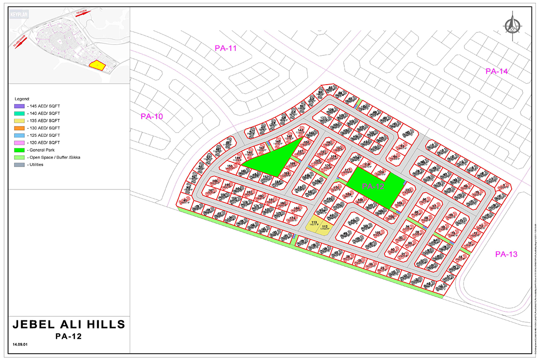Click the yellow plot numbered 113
313,224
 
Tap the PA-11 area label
225,49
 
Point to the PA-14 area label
497,71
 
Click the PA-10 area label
152,116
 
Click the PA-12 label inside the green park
373,186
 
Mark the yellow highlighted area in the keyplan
97,65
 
